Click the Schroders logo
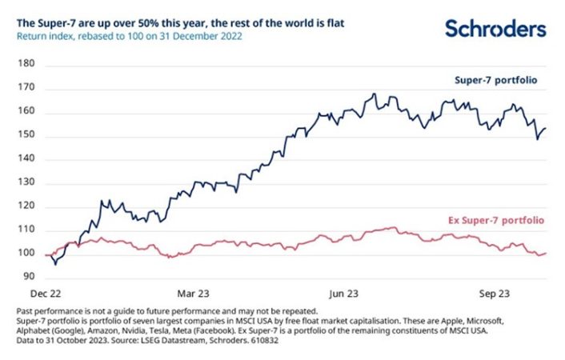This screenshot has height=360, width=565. [495, 30]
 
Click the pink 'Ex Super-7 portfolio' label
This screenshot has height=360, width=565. [493, 218]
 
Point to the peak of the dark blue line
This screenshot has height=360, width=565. [375, 94]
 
